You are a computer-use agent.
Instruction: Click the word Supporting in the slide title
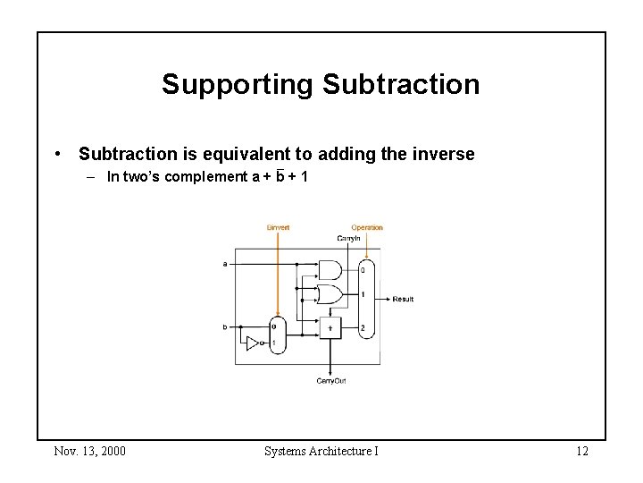tap(237, 85)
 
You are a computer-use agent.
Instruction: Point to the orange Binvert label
tap(278, 227)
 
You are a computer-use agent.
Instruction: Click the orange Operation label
tap(366, 227)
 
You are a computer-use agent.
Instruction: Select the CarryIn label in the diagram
tap(348, 239)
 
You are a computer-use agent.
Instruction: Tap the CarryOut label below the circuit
tap(331, 381)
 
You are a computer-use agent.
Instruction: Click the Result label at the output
tap(403, 299)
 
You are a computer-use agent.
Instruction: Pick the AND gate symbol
tap(330, 269)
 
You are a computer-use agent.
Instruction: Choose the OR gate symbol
tap(330, 293)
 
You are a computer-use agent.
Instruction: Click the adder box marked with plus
tap(331, 328)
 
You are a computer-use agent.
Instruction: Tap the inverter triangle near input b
tap(253, 343)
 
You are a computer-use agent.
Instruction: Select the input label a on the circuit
tap(224, 264)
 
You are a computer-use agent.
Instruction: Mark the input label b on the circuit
tap(224, 327)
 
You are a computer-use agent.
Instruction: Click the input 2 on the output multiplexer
tap(363, 328)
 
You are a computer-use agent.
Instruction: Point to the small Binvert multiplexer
tap(278, 335)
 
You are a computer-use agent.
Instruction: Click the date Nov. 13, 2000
tap(89, 450)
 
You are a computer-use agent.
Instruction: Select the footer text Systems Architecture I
tap(321, 450)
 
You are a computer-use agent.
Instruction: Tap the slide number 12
tap(581, 450)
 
